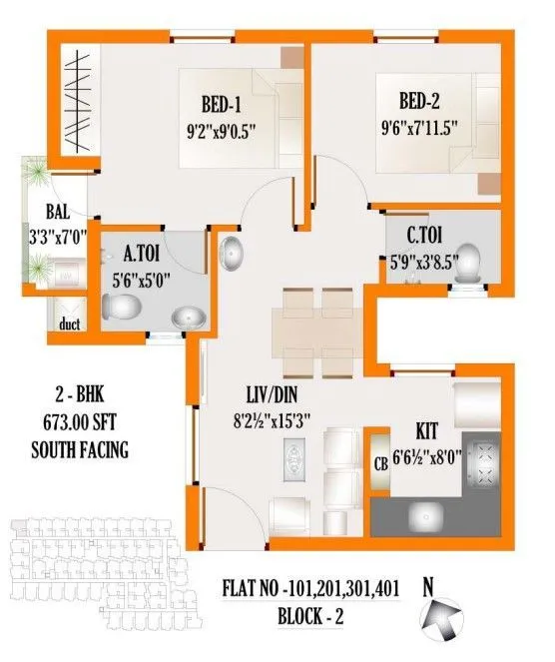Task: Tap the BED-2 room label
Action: (421, 101)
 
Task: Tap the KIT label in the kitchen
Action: (430, 435)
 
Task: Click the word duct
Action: (69, 323)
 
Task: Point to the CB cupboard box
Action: (380, 462)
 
